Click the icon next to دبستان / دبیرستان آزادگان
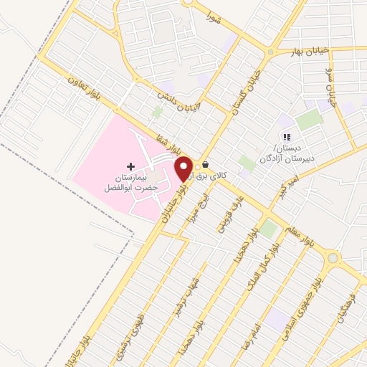287,137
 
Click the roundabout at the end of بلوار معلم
333,258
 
